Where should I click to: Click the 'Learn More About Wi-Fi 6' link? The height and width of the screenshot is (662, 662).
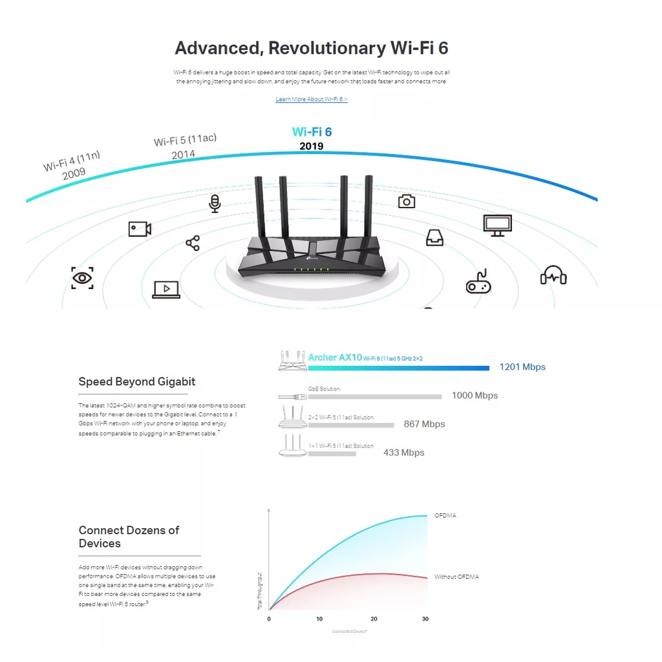click(x=311, y=100)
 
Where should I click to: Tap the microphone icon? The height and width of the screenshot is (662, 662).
click(x=215, y=203)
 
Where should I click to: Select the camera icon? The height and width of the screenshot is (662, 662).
click(x=406, y=201)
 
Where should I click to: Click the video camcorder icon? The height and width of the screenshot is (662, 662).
click(x=140, y=229)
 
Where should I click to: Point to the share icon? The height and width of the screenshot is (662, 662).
click(x=193, y=243)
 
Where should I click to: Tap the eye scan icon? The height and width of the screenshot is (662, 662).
click(x=82, y=278)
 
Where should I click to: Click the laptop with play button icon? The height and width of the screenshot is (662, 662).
click(x=166, y=289)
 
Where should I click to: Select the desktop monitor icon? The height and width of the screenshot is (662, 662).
click(x=497, y=225)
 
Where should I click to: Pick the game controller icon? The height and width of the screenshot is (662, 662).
click(x=478, y=282)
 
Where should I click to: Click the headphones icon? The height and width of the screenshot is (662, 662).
click(x=553, y=275)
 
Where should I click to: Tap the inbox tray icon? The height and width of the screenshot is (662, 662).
click(x=434, y=238)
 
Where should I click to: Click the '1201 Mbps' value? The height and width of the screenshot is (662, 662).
click(x=522, y=367)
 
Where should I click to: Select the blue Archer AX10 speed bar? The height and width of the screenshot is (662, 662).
click(x=398, y=368)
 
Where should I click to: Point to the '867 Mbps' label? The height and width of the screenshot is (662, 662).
click(x=424, y=424)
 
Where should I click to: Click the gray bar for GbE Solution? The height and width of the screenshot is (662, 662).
click(x=375, y=396)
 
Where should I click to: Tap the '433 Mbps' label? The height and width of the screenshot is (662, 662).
click(x=403, y=453)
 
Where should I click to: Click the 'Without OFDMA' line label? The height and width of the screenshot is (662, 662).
click(x=456, y=577)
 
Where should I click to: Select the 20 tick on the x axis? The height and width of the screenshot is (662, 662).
click(x=374, y=619)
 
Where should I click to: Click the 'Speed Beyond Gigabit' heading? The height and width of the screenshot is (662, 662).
click(x=136, y=381)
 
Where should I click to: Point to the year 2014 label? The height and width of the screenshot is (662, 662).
click(x=183, y=155)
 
